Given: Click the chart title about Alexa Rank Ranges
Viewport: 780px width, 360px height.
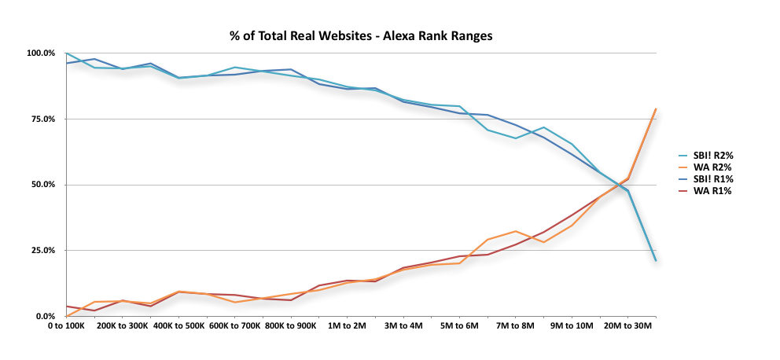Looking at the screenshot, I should (360, 35).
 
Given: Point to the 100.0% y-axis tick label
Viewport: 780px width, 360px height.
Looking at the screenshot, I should (40, 53).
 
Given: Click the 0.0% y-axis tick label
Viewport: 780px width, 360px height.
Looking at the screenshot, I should (45, 316).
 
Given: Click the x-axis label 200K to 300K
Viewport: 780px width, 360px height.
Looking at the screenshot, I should (123, 325).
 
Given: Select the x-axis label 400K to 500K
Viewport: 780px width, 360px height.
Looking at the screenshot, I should (178, 325).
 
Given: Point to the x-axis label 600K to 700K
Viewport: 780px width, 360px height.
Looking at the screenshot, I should (234, 325).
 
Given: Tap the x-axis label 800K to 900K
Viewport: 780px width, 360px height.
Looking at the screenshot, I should (291, 325).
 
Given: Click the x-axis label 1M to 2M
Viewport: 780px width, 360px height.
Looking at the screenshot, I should (347, 325).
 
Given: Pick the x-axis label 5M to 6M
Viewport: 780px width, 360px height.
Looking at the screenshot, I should (459, 325).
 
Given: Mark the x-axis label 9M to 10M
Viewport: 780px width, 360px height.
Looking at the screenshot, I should (571, 325).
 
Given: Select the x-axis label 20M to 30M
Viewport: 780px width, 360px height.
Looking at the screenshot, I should (627, 325).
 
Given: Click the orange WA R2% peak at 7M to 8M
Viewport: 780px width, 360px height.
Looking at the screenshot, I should (515, 231).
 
